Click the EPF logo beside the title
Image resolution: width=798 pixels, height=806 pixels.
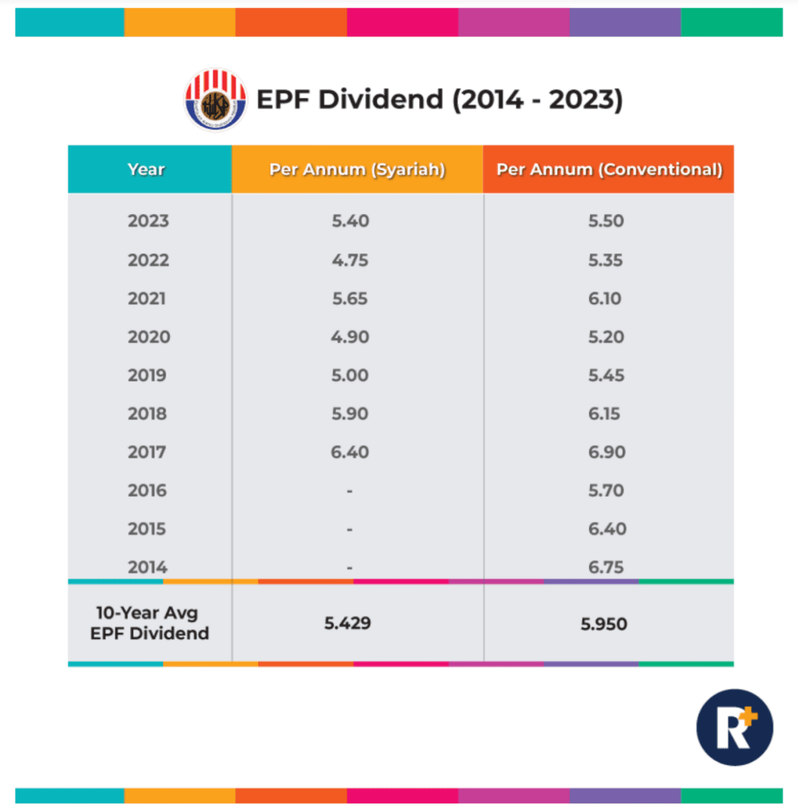pyautogui.click(x=215, y=100)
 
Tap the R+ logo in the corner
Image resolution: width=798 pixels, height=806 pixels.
pyautogui.click(x=735, y=727)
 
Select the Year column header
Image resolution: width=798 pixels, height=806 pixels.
pyautogui.click(x=146, y=170)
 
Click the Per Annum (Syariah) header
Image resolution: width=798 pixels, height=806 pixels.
pyautogui.click(x=357, y=170)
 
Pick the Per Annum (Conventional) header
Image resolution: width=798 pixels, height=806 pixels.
pyautogui.click(x=609, y=170)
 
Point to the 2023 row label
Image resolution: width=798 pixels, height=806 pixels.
pyautogui.click(x=148, y=221)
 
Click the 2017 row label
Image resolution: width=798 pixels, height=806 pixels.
pyautogui.click(x=147, y=452)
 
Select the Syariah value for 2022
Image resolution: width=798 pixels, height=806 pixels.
pyautogui.click(x=350, y=260)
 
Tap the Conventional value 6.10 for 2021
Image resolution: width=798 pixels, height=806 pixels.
pyautogui.click(x=604, y=299)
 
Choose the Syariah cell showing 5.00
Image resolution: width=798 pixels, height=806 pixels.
pyautogui.click(x=350, y=375)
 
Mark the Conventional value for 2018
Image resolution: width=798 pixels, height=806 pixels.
pyautogui.click(x=604, y=414)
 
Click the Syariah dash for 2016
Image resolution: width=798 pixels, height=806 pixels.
pyautogui.click(x=350, y=491)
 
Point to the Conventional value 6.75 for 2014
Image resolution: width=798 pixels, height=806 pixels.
pyautogui.click(x=606, y=567)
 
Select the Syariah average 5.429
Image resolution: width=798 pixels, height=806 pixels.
pyautogui.click(x=348, y=623)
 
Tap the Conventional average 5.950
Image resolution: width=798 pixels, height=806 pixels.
pyautogui.click(x=604, y=624)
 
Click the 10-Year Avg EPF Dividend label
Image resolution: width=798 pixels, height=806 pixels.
pyautogui.click(x=150, y=623)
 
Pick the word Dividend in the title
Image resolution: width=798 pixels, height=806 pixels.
pyautogui.click(x=380, y=100)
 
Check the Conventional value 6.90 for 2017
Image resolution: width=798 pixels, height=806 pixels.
pyautogui.click(x=606, y=452)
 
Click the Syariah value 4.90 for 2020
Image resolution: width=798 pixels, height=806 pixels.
pyautogui.click(x=350, y=337)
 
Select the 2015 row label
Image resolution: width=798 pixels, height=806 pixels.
pyautogui.click(x=147, y=529)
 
